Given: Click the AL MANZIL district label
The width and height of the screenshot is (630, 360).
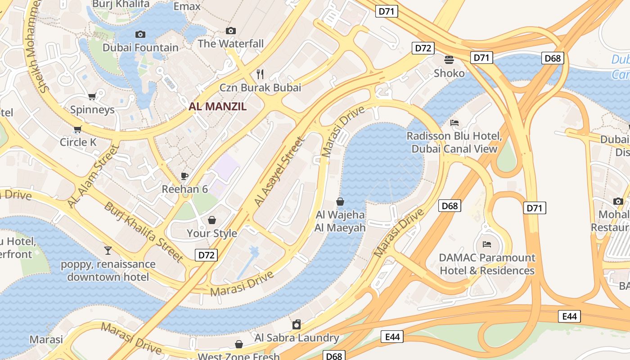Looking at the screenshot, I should [218, 107].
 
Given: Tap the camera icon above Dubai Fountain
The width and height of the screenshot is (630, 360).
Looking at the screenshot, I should [140, 34].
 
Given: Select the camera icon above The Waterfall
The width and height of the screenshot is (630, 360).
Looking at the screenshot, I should [231, 31].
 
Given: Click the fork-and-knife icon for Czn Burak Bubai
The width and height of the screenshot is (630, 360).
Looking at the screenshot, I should [260, 74].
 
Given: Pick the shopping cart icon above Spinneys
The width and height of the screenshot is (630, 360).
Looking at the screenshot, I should [92, 96].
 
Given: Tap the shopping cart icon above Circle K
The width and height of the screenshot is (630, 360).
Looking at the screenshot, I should [78, 130].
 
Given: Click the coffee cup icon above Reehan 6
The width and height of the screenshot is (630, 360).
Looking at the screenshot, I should [184, 176].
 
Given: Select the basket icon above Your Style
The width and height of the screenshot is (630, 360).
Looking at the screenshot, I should [211, 220].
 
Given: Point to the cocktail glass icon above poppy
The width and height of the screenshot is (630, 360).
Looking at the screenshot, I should [108, 251].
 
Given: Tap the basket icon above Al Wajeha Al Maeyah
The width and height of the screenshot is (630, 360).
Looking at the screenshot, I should [340, 202].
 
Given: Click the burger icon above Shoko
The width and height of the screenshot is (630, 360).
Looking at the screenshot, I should [449, 59].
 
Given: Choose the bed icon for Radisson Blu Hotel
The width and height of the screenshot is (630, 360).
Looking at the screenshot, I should [454, 123].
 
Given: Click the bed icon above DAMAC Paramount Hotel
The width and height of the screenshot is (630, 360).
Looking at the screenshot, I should [487, 244].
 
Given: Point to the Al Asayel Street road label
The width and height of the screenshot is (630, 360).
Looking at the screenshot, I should [279, 172].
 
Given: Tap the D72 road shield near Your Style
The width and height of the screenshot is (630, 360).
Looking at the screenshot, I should [207, 255].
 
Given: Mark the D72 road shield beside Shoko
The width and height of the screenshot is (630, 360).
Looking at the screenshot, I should [423, 48].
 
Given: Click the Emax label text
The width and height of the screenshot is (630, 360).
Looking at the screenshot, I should [187, 6].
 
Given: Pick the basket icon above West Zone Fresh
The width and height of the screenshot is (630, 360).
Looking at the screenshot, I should [239, 344].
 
